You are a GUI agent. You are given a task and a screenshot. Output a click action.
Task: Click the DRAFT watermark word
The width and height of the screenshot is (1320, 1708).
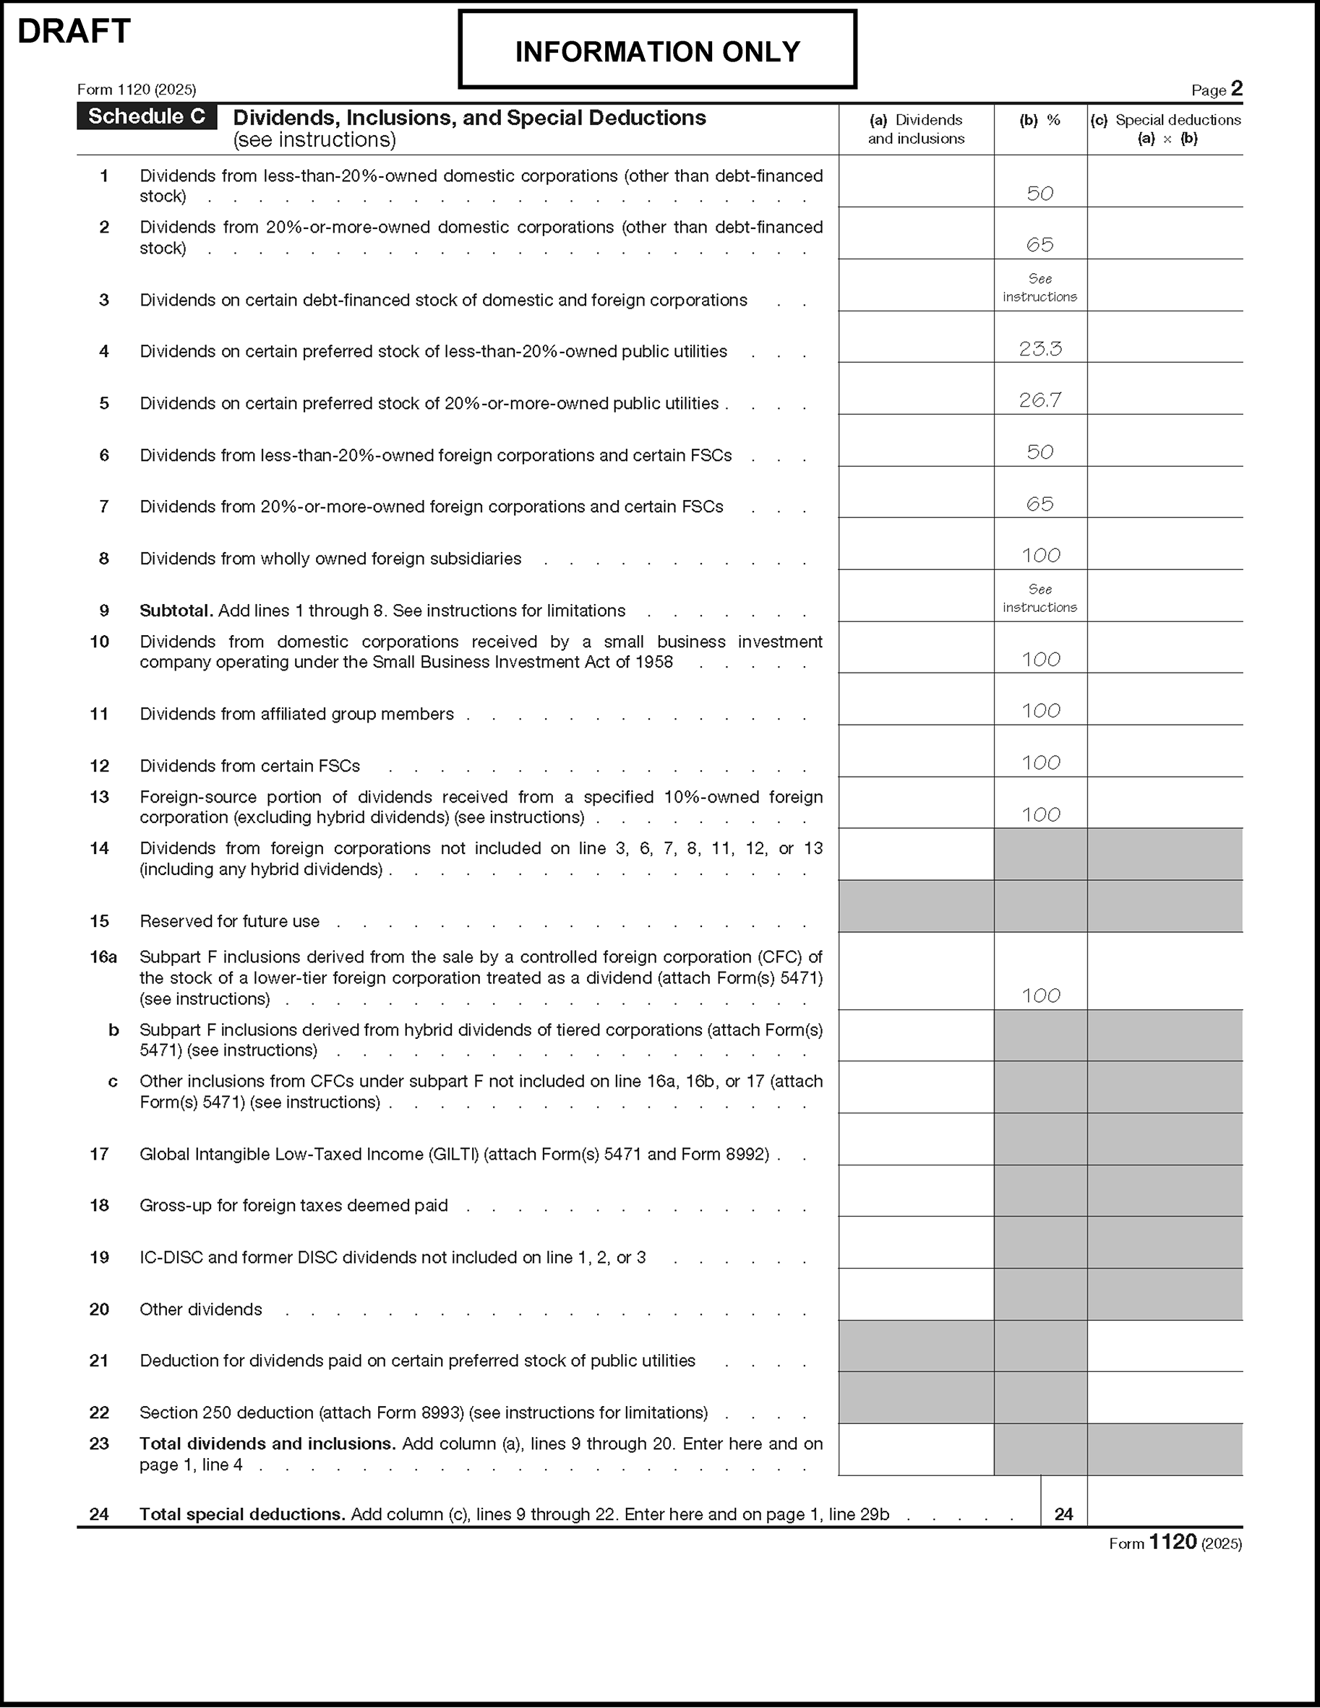click(74, 32)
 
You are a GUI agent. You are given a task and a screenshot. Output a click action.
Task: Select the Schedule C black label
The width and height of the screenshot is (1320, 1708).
click(146, 116)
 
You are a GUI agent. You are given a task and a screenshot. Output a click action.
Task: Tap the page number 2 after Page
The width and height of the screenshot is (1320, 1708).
click(1236, 88)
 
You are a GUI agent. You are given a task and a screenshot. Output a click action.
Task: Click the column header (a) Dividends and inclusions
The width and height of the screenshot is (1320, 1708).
click(915, 129)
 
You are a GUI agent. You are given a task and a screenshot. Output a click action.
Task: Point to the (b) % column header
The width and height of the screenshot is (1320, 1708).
click(1040, 120)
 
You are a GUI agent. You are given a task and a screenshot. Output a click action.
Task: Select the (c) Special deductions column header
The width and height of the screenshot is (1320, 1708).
click(1166, 129)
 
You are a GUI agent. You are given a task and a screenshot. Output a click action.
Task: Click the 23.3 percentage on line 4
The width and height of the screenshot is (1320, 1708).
click(1040, 349)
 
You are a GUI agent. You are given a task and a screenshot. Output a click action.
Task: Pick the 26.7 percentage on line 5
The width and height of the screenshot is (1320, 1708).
click(1040, 400)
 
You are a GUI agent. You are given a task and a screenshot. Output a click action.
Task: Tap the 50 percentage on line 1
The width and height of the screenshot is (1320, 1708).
click(1040, 193)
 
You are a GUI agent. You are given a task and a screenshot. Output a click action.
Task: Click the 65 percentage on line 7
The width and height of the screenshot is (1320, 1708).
click(1040, 504)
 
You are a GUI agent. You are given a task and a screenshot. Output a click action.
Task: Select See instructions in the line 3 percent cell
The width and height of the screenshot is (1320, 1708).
click(1040, 288)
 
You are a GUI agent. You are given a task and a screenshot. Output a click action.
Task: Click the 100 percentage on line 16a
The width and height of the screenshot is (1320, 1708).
click(1041, 996)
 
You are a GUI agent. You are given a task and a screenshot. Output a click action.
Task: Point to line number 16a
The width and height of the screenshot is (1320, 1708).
click(103, 957)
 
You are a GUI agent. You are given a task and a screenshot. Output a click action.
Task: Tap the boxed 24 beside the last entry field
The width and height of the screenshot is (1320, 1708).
click(1063, 1514)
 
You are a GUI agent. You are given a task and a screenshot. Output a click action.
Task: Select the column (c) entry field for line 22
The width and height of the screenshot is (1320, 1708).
click(1165, 1397)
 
